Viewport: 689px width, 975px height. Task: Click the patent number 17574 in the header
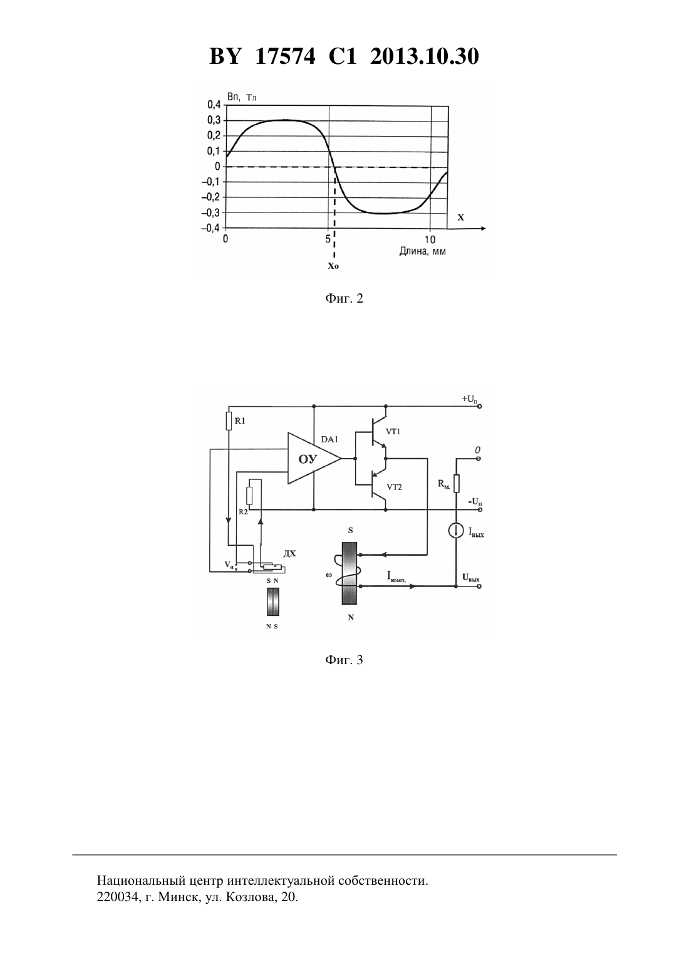[285, 56]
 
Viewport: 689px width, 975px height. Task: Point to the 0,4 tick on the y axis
[214, 105]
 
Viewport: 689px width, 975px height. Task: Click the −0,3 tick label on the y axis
[210, 213]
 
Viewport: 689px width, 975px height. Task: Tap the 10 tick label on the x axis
[430, 239]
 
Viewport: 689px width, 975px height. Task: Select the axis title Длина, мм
[422, 252]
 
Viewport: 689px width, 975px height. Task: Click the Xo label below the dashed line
[333, 266]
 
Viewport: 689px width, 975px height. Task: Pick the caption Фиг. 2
[344, 298]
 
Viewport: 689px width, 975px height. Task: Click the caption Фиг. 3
[344, 660]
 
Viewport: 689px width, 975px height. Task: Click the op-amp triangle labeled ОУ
[311, 458]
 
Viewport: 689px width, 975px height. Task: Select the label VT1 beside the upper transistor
[393, 431]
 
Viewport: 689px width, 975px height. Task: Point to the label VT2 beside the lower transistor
[394, 487]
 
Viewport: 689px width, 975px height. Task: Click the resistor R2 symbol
[249, 496]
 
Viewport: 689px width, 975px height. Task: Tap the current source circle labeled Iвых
[456, 531]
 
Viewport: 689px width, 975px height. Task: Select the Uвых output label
[471, 578]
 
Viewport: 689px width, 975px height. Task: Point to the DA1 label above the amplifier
[329, 439]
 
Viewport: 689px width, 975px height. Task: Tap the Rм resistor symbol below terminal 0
[456, 483]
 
